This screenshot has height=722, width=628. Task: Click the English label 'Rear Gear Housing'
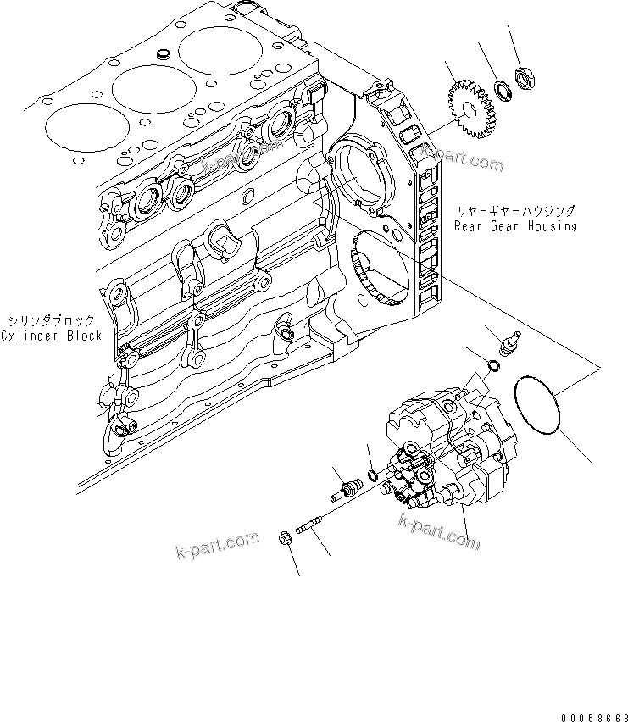tap(514, 226)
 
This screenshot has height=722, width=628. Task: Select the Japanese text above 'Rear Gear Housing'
tap(514, 212)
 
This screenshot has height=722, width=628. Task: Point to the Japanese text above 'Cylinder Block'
tap(53, 320)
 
